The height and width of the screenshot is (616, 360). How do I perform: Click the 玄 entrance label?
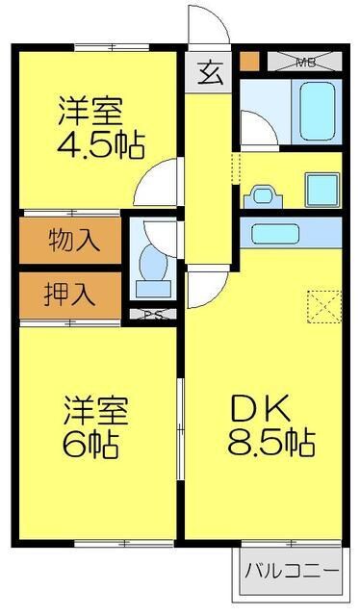tap(210, 73)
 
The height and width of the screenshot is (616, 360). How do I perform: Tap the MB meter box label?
tap(306, 64)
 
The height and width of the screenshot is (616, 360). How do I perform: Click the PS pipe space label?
tap(151, 315)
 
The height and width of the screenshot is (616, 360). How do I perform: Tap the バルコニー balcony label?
tap(291, 570)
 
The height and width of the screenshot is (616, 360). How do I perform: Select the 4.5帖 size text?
tap(101, 145)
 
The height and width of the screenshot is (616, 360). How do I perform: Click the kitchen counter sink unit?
tap(290, 232)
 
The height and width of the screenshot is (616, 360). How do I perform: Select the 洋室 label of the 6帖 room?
tap(93, 409)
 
